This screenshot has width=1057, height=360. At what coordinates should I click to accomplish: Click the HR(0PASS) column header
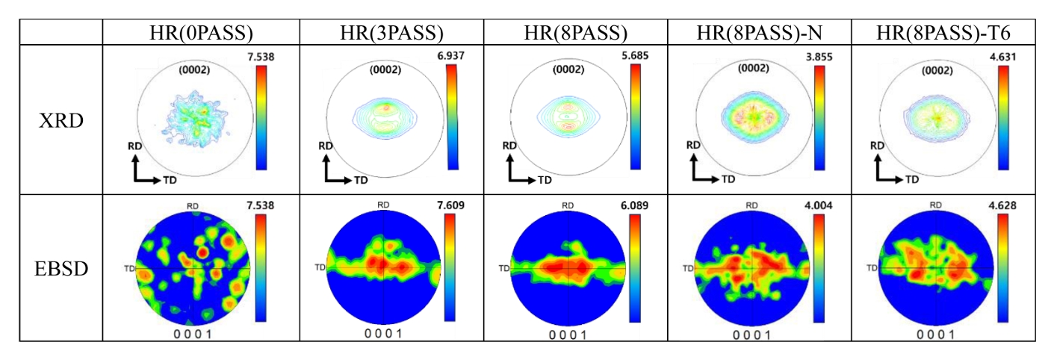201,33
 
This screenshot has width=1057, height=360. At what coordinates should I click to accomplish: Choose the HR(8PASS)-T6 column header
944,33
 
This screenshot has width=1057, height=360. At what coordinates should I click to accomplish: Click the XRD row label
61,120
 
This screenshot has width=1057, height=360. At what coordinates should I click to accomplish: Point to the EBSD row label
61,267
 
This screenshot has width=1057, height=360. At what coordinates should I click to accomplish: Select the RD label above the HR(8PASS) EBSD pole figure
568,204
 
